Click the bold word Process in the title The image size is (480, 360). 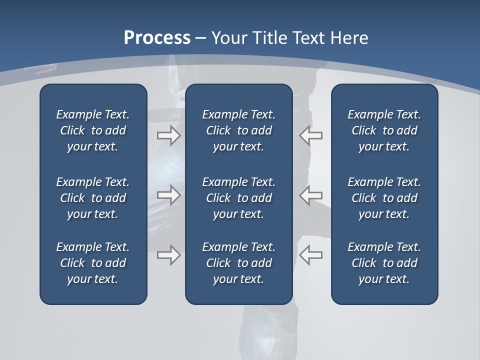pos(157,38)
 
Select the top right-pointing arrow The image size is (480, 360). pos(168,135)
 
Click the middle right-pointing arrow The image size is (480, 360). pos(168,195)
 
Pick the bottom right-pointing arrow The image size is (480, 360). pos(168,255)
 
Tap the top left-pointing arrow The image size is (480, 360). pos(311,135)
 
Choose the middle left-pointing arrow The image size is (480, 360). pos(311,195)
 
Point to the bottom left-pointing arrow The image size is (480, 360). pos(311,255)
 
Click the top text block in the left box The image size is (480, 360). pos(93,130)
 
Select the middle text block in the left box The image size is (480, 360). pos(93,198)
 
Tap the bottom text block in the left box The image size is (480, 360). pos(93,263)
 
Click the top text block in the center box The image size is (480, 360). pos(238,130)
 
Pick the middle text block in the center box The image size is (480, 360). pos(238,198)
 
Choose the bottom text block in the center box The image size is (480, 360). pos(238,263)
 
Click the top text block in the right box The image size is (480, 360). pos(384,130)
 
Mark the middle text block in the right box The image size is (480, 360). pos(384,198)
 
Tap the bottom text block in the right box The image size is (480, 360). pos(384,263)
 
